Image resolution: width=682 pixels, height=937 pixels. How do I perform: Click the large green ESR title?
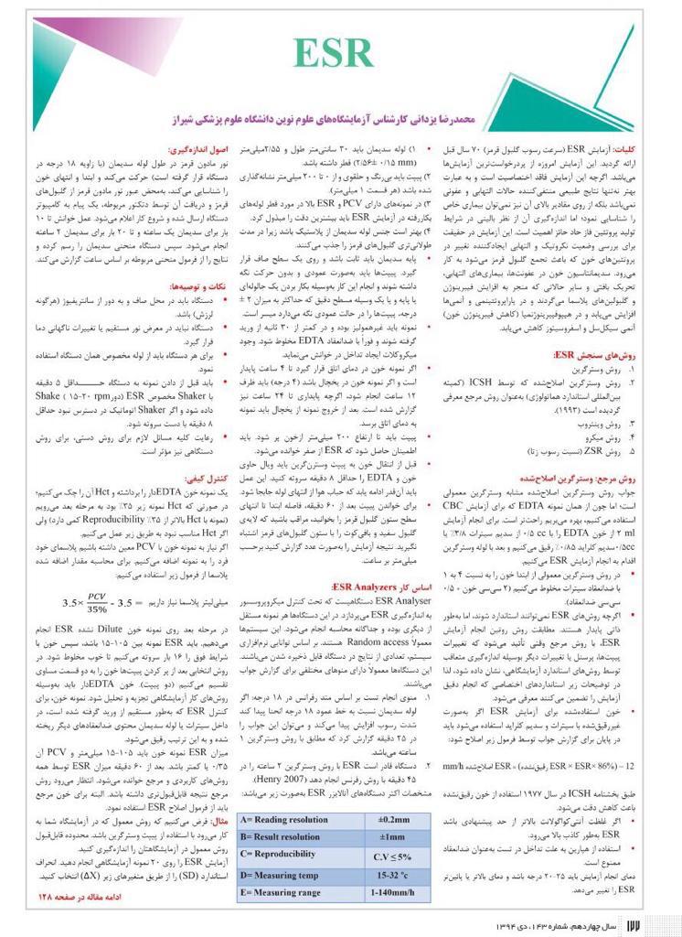341,56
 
